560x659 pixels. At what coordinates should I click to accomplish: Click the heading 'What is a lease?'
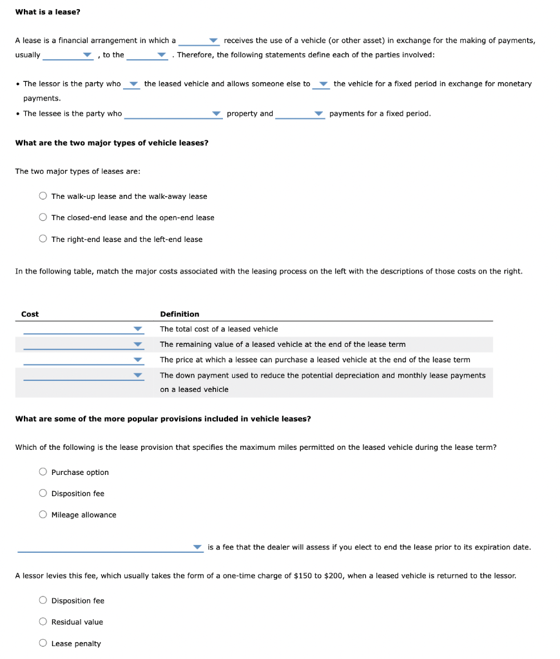pos(48,12)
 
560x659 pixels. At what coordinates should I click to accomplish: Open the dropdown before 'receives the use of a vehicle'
pos(199,41)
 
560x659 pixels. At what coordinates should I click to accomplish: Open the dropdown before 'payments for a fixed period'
pos(300,114)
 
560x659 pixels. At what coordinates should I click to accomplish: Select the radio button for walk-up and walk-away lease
pos(43,196)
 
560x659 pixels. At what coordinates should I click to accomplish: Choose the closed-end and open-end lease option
pos(43,218)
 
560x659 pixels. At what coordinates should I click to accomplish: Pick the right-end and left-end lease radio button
pos(43,239)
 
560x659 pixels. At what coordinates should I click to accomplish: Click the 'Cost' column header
pos(30,314)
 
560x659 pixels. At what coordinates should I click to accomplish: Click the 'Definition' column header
pos(180,314)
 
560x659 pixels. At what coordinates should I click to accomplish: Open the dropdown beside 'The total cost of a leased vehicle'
pos(82,329)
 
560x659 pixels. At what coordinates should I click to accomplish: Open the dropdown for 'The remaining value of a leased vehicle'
pos(82,344)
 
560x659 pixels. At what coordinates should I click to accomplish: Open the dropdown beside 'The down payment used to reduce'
pos(82,375)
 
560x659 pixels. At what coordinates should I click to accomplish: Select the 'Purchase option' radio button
pos(43,472)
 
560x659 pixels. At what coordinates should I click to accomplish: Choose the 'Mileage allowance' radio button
pos(43,515)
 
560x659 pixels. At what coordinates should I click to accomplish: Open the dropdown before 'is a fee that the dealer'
pos(110,548)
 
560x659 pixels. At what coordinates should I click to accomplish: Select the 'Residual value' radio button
pos(43,622)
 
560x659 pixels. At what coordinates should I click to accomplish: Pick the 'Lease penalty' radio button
pos(43,644)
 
